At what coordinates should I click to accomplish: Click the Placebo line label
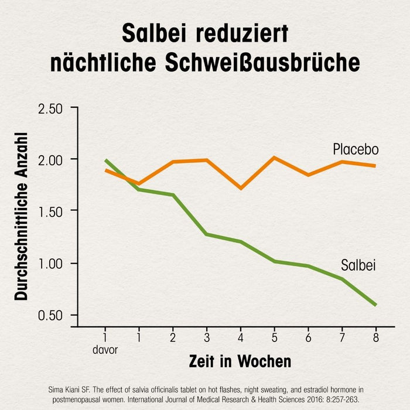point(356,149)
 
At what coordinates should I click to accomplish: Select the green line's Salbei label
point(358,266)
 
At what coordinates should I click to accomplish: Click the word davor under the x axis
point(105,350)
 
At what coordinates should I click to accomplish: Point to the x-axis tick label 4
point(240,338)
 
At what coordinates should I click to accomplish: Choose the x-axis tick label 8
point(375,338)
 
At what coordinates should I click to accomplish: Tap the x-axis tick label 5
point(274,338)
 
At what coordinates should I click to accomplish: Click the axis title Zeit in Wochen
point(240,361)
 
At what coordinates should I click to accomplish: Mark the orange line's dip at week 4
point(240,188)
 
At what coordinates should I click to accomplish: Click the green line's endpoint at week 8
point(375,305)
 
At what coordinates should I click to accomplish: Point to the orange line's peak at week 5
point(274,158)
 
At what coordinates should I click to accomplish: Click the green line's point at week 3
point(206,234)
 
